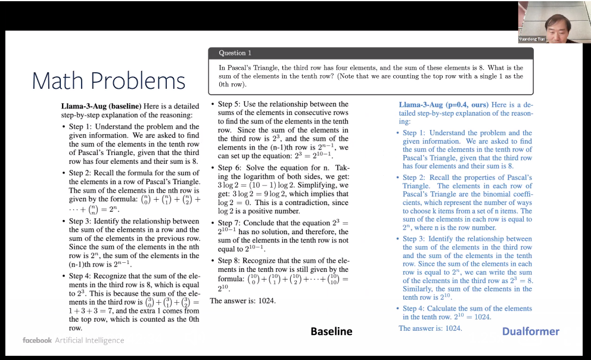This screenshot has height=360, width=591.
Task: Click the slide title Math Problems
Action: coord(108,81)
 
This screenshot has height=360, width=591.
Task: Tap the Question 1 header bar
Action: coord(370,53)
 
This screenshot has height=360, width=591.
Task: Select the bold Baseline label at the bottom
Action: coord(331,331)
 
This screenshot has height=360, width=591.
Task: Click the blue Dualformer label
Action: coord(530,331)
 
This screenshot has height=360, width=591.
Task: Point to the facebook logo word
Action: coord(37,340)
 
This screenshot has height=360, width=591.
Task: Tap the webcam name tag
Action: coord(531,39)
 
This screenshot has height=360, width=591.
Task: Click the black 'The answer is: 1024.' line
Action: coord(242,301)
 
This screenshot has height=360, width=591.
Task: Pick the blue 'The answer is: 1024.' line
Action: coord(430,328)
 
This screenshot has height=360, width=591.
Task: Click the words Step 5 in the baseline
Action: coord(229,104)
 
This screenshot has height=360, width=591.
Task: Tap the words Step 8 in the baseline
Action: coord(229,260)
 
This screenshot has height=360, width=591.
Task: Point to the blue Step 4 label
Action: coord(414,308)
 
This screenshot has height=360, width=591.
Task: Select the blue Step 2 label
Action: coord(414,178)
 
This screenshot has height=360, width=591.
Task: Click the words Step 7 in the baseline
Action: coord(229,223)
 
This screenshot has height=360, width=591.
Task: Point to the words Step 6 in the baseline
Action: coord(229,168)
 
